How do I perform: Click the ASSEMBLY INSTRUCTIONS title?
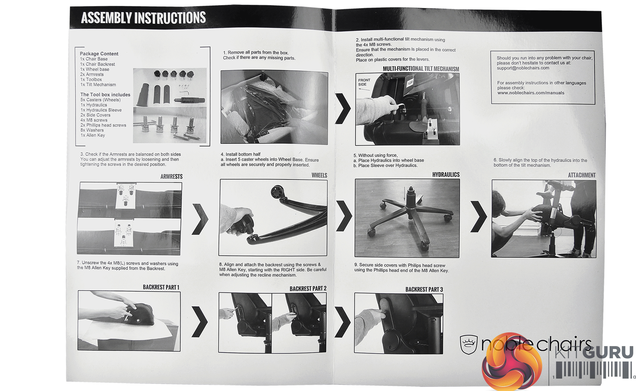(143, 18)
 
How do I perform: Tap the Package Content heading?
(99, 54)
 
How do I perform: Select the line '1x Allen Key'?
(93, 135)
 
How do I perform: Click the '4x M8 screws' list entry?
(94, 120)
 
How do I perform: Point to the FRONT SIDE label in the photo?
(364, 82)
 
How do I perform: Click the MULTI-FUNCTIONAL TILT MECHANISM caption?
(421, 69)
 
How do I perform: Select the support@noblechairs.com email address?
(523, 68)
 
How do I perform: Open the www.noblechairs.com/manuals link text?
(531, 93)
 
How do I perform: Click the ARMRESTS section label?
(171, 177)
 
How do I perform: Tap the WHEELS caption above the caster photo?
(319, 175)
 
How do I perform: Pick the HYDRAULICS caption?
(446, 175)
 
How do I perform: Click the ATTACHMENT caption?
(582, 175)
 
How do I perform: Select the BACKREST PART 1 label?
(161, 287)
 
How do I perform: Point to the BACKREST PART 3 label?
(424, 290)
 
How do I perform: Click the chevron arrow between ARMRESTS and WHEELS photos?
(200, 219)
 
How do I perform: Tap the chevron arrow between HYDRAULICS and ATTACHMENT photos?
(479, 217)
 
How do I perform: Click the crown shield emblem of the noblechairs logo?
(469, 344)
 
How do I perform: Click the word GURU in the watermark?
(608, 352)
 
